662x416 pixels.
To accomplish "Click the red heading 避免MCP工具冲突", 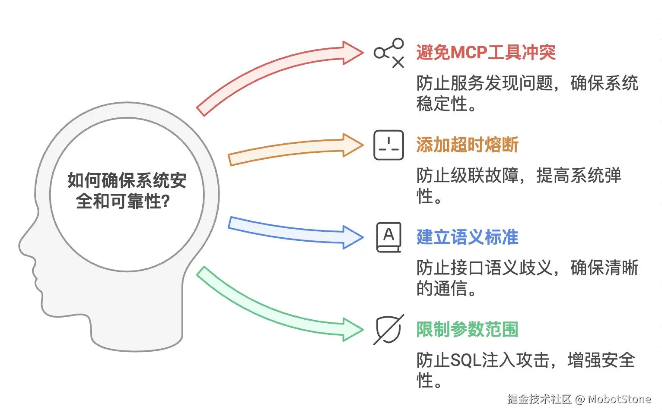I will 486,52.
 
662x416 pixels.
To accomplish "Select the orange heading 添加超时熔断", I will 467,145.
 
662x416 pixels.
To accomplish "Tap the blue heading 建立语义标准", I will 467,237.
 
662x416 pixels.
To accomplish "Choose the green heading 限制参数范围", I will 467,330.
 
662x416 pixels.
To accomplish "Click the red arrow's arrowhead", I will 352,53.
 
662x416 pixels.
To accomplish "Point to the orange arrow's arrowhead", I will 352,145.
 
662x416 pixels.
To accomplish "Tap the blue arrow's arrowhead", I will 352,237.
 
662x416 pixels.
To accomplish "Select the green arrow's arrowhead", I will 352,330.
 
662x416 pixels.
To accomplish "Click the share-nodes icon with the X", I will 389,53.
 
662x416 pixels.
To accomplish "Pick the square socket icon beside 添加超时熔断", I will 389,145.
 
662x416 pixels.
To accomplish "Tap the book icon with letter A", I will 389,237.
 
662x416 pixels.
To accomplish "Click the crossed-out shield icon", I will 389,330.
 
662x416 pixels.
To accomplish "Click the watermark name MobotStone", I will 619,399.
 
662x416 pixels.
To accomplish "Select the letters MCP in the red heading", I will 469,52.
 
